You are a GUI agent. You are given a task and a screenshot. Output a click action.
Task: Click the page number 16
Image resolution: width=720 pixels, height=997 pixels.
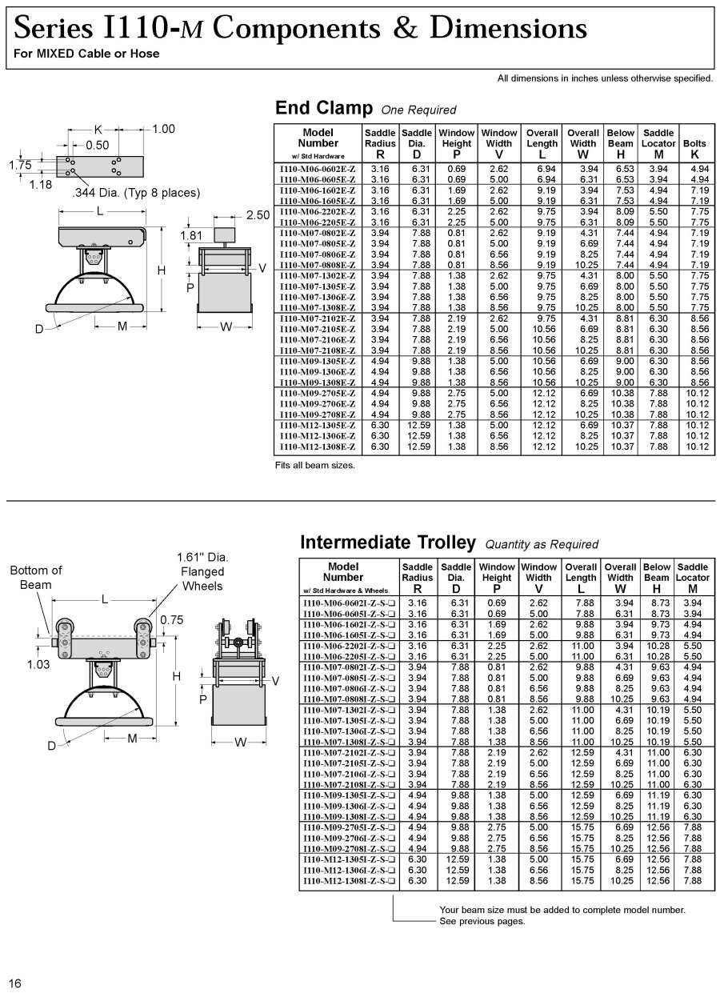point(15,983)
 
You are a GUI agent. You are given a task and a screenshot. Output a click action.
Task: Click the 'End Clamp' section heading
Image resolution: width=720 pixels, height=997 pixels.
point(324,108)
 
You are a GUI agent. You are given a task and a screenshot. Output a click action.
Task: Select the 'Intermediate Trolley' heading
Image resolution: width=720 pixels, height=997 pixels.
point(387,543)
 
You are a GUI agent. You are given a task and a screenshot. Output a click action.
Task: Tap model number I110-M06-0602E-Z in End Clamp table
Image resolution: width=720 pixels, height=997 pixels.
point(317,169)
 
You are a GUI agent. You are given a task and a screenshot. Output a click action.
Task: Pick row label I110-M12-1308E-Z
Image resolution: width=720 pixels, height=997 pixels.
point(317,446)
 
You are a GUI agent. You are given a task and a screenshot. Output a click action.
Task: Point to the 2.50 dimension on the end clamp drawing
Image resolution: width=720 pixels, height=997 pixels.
point(258,215)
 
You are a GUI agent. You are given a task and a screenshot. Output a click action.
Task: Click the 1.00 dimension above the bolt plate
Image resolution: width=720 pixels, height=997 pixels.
point(163,129)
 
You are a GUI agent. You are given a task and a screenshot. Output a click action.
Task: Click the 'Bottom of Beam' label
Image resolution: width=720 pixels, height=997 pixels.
point(35,577)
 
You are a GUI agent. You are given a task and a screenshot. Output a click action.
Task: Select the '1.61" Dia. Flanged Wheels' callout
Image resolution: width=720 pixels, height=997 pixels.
point(202,571)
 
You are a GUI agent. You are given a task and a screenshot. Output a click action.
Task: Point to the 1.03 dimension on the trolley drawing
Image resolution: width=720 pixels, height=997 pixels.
point(39,663)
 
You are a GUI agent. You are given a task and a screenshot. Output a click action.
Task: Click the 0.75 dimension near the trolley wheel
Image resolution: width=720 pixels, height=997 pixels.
point(172,619)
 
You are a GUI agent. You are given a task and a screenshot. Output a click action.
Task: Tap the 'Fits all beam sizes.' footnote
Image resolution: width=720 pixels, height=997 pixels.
point(314,465)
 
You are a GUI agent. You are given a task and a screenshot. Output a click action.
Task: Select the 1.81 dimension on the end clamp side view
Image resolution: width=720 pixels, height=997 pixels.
point(192,235)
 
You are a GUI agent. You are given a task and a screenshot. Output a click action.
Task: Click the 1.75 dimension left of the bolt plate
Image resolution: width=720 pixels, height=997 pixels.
point(20,165)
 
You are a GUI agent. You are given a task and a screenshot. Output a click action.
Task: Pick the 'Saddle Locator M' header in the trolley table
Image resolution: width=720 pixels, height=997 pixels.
point(692,572)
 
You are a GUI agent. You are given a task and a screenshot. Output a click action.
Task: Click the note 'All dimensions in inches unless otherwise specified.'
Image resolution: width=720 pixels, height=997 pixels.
point(605,78)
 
